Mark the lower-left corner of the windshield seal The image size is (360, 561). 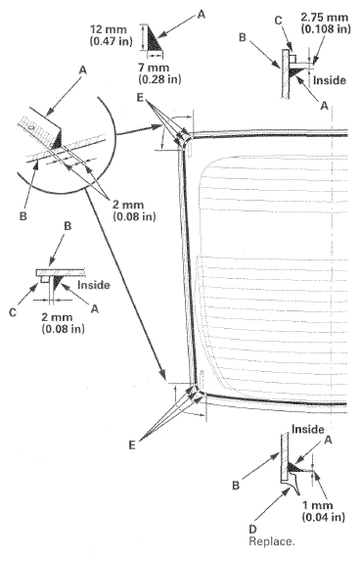tap(196, 392)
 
